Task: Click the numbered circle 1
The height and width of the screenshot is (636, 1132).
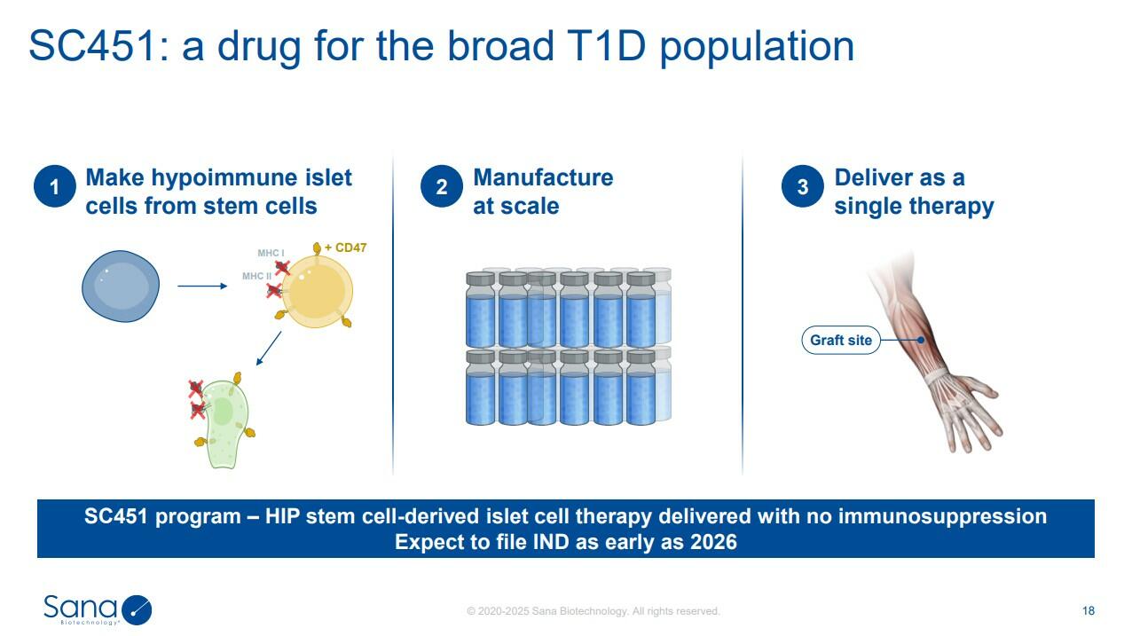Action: coord(55,186)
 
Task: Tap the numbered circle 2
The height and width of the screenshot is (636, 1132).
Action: coord(442,186)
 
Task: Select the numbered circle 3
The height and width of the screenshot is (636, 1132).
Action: coord(803,186)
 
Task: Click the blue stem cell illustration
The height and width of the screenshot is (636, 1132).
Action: coord(121,287)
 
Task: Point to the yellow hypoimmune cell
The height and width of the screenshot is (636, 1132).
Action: coord(317,292)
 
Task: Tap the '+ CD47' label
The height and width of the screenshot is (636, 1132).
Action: coord(346,247)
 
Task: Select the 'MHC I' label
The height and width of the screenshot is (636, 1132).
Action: coord(271,253)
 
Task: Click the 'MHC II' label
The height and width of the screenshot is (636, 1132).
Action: coord(256,277)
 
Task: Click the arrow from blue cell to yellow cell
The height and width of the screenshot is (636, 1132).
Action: coord(202,286)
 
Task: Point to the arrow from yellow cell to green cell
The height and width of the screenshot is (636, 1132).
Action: coord(269,348)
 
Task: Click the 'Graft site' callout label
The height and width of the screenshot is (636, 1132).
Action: coord(841,340)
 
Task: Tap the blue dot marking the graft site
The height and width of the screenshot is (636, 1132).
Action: coord(921,340)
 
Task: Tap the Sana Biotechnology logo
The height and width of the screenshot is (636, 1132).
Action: coord(98,609)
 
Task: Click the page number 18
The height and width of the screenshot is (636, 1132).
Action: coord(1088,611)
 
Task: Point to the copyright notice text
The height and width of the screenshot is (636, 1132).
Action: coord(593,611)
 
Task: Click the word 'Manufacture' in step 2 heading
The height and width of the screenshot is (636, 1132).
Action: coord(543,177)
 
